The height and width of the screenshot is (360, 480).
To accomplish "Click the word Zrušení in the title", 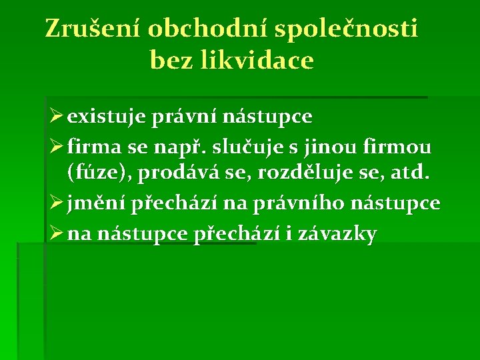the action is click(x=92, y=29).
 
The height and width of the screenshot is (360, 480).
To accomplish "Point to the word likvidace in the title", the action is click(x=257, y=59).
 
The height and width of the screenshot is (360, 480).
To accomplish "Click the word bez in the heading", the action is click(x=172, y=60).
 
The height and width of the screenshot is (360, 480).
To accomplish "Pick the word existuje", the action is click(x=106, y=117).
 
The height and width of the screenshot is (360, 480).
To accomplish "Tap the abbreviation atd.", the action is click(x=409, y=173).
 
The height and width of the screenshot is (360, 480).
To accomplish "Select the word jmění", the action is click(x=96, y=203).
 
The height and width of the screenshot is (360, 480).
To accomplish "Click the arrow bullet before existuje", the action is click(x=56, y=116).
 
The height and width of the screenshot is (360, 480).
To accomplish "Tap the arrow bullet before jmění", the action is click(x=56, y=203).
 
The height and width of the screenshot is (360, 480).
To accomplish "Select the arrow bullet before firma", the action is click(x=56, y=146).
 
